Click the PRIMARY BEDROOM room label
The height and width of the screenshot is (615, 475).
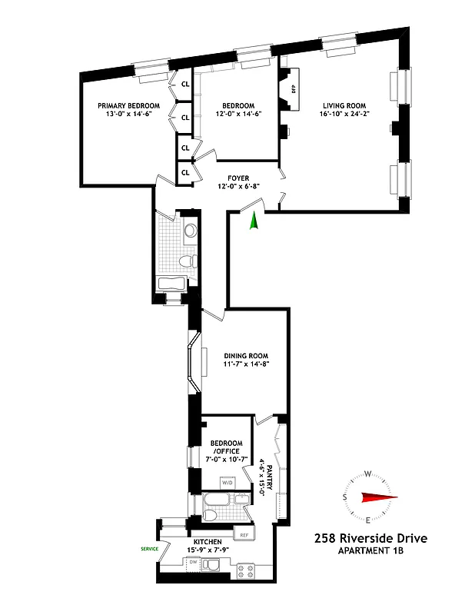pos(128,105)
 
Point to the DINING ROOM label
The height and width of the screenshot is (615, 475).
pos(246,355)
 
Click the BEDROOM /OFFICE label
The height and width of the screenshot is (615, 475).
pos(226,447)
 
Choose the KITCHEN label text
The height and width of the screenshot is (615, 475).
pos(208,542)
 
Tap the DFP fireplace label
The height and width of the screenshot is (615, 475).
pos(293,88)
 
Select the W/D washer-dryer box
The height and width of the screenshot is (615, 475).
pos(228,482)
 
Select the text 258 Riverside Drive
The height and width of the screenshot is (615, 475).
pos(370,540)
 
